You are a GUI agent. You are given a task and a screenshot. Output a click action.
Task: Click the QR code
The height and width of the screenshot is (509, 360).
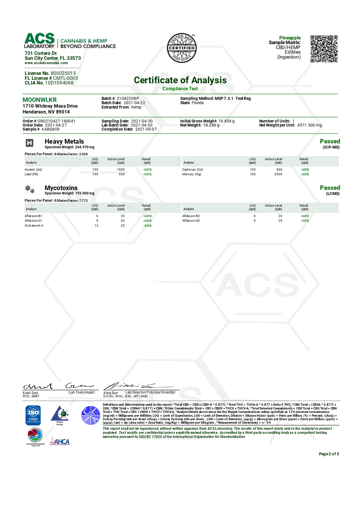point(324,49)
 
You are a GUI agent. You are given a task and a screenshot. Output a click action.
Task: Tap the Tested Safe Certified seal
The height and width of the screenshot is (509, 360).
point(182,48)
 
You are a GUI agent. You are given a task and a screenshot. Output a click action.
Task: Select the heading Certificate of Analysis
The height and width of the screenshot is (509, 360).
point(180,80)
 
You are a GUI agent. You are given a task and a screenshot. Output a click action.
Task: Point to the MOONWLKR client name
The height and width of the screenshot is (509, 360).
point(40,100)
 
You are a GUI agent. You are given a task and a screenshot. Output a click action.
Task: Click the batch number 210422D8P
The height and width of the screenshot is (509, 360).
point(128,98)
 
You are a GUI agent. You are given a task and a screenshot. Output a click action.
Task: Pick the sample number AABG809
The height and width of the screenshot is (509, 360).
point(50,129)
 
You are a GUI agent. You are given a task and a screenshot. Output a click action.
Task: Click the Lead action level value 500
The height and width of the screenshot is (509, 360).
point(122,174)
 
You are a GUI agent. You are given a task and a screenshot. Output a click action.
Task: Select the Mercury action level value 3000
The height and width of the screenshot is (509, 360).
point(278,174)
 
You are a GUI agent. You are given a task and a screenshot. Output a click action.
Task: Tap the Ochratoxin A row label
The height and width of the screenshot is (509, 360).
point(34,225)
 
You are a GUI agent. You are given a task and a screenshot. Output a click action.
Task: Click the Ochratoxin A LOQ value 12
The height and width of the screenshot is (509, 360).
point(96,225)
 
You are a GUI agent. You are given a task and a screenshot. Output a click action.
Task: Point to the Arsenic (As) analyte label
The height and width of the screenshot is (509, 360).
point(33,169)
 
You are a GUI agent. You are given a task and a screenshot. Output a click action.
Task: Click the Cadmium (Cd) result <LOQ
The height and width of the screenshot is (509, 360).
point(305,169)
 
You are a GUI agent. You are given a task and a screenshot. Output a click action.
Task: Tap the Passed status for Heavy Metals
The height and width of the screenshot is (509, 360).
point(330,141)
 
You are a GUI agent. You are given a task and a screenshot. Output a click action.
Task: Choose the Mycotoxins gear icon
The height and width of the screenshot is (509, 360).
point(30,189)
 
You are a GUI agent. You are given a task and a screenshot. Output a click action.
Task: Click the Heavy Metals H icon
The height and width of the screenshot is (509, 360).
point(30,143)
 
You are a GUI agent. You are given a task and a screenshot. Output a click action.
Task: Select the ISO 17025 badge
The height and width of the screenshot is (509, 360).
point(33,415)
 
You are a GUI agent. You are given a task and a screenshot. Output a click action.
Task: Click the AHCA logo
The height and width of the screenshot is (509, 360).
point(60,441)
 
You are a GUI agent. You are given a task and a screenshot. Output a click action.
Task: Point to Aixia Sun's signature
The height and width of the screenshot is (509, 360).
point(136,386)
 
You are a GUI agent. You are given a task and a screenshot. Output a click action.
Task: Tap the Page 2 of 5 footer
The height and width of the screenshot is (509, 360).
point(329,454)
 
